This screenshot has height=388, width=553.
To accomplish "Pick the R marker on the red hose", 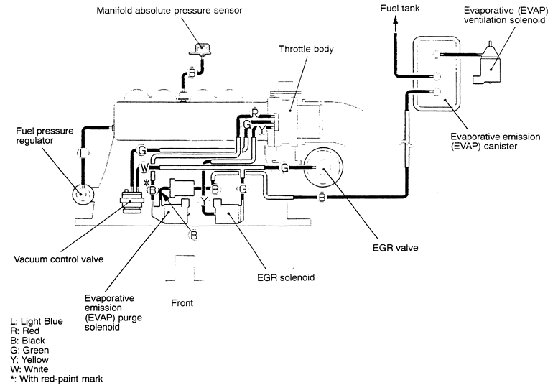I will pyautogui.click(x=255, y=112).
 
